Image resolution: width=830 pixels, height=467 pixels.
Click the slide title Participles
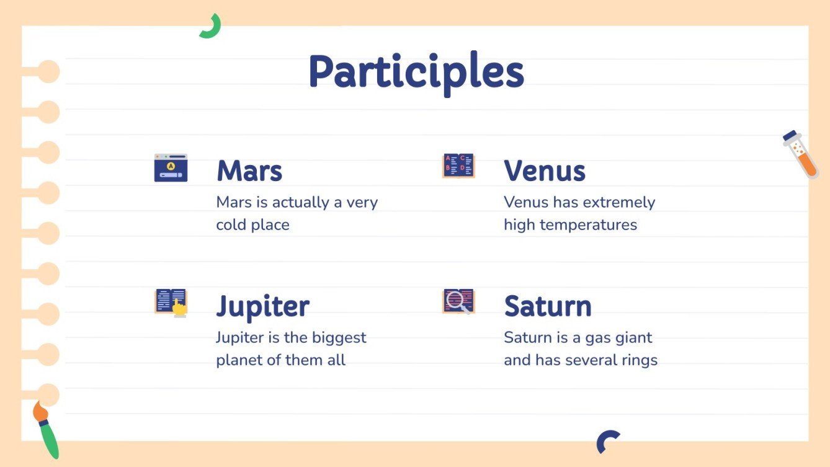click(x=416, y=73)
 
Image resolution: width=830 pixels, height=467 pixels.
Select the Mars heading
click(x=249, y=171)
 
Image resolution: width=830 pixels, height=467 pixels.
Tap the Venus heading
click(x=544, y=171)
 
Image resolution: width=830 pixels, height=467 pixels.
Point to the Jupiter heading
click(x=262, y=306)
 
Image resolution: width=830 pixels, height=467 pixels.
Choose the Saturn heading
click(x=547, y=306)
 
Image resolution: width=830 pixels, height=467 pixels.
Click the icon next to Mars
click(x=171, y=167)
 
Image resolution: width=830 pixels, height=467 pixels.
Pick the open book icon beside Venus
click(x=458, y=166)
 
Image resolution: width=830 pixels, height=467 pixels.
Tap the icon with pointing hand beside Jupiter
click(x=171, y=303)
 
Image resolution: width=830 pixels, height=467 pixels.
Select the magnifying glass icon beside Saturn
click(x=458, y=301)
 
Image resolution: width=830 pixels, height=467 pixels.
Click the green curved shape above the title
click(x=210, y=27)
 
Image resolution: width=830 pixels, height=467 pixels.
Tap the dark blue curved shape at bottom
click(x=607, y=441)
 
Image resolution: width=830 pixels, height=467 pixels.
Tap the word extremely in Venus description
click(x=622, y=203)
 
